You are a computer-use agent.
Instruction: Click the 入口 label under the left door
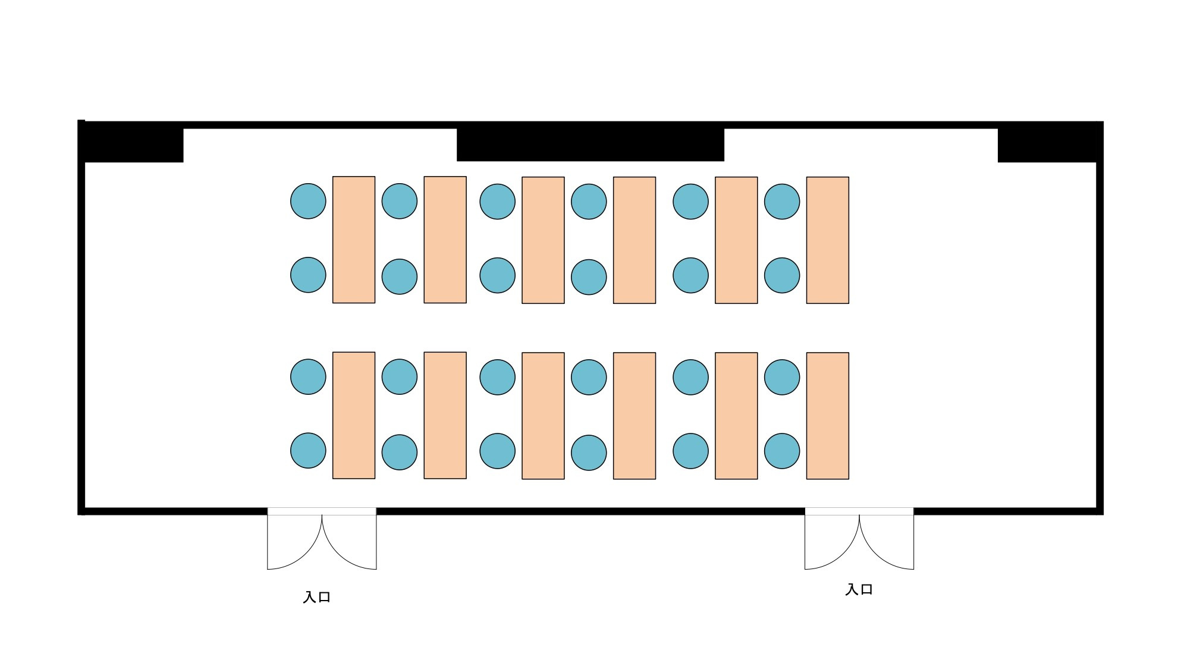click(x=316, y=597)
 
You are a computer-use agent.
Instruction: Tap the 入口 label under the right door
click(x=859, y=589)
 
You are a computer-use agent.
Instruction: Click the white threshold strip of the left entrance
click(x=322, y=511)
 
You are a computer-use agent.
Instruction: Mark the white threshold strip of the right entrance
click(x=859, y=511)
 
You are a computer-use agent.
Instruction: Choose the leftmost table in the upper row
click(x=354, y=240)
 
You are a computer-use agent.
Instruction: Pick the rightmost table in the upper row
click(x=827, y=240)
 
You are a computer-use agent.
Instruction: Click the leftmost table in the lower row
click(x=354, y=415)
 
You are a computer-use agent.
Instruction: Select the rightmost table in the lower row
click(x=827, y=416)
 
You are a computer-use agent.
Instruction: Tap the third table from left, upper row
click(x=543, y=240)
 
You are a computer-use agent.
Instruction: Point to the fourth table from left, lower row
click(x=635, y=416)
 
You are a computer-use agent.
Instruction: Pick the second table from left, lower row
click(x=445, y=415)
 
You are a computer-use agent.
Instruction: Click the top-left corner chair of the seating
click(x=308, y=201)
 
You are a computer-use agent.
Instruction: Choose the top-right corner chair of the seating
click(x=782, y=202)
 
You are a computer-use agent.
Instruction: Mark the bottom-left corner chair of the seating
click(x=308, y=451)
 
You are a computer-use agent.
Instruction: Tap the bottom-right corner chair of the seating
click(x=782, y=451)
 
